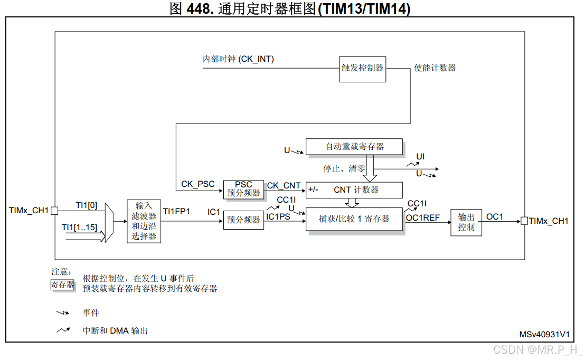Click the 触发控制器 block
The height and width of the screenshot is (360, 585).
tap(363, 69)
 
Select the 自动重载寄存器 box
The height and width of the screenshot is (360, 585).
tap(354, 147)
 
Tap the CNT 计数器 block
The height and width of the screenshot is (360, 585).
tap(354, 190)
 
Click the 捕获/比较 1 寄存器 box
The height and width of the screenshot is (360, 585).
tap(354, 219)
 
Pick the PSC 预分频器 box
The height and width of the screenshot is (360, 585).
tap(243, 189)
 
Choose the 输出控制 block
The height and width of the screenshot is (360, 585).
tap(466, 222)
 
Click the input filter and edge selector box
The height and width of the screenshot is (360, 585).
tap(144, 221)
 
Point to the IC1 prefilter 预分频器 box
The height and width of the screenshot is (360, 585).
tap(243, 220)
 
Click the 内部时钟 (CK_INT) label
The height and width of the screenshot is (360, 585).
tap(238, 59)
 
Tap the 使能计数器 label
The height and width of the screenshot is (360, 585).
tap(435, 68)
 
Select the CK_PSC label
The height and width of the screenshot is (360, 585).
tap(198, 184)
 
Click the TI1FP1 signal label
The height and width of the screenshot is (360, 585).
tap(176, 212)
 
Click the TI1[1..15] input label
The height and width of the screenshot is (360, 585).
tap(79, 228)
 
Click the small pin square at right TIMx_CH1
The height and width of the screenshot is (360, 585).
tap(524, 221)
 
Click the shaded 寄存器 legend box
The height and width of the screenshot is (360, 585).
tap(62, 285)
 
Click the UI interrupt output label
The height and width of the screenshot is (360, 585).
tap(420, 157)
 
